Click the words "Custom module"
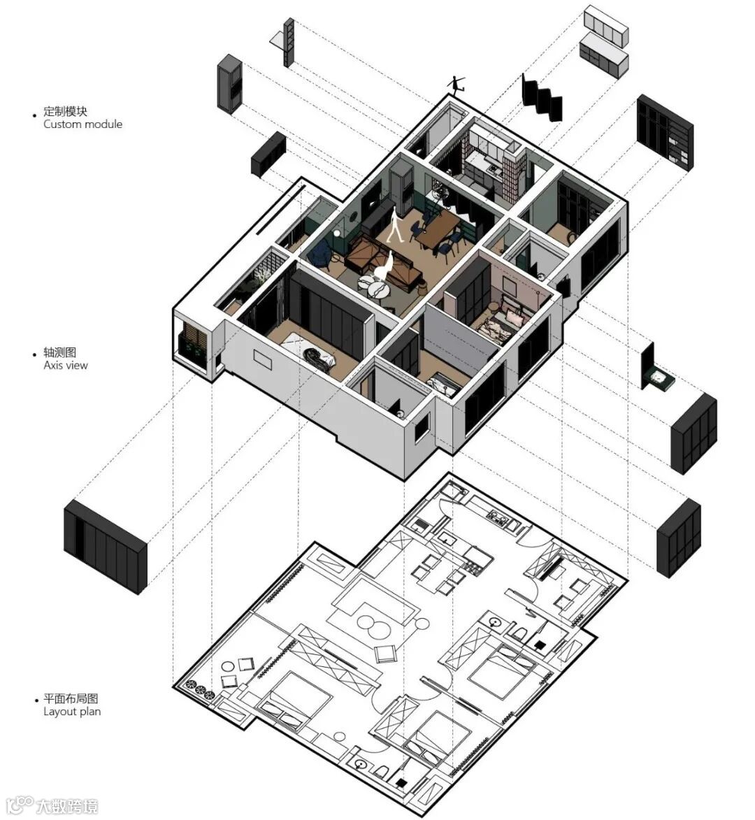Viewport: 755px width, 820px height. [82, 124]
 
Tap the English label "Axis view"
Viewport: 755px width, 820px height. [66, 366]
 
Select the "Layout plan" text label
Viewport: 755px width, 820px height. [72, 712]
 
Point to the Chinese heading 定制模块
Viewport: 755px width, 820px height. [66, 111]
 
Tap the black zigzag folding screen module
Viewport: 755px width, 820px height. [541, 97]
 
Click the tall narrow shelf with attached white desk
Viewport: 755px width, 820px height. [287, 42]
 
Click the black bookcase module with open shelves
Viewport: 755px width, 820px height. [664, 131]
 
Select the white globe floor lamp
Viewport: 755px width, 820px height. [336, 234]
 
